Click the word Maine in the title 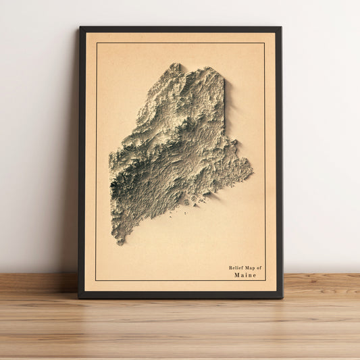click(245, 276)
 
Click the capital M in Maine click(237, 276)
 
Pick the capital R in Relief click(230, 268)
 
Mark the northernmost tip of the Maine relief click(176, 64)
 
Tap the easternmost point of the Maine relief click(252, 164)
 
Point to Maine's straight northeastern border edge click(224, 101)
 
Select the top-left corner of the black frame click(80, 27)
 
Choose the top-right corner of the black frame click(280, 27)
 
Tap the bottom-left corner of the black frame click(78, 297)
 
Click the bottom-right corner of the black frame click(282, 297)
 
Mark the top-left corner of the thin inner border click(97, 43)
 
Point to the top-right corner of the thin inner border click(264, 43)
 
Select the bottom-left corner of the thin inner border click(96, 280)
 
